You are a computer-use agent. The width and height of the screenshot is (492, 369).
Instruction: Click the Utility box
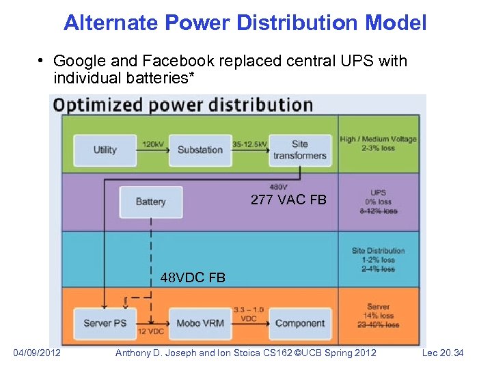tap(105, 150)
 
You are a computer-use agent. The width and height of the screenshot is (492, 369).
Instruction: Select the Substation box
tap(200, 150)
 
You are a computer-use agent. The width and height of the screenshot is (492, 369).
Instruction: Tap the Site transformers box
tap(300, 150)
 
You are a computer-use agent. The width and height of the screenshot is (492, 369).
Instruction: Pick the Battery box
tap(150, 202)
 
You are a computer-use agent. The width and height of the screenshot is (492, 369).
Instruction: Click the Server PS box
tap(105, 323)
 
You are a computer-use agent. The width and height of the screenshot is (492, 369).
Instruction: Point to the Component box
tap(300, 323)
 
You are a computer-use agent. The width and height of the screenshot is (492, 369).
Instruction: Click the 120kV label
tap(152, 144)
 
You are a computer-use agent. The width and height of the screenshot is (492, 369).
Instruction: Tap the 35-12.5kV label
tap(249, 144)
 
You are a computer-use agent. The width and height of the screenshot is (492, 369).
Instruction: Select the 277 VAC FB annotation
tap(289, 200)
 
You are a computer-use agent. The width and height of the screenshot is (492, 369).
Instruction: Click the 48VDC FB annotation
tap(193, 278)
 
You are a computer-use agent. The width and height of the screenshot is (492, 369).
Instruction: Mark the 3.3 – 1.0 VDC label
tap(249, 314)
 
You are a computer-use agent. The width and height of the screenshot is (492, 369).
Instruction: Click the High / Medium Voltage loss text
tap(378, 143)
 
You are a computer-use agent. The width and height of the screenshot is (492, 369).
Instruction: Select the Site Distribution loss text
tap(378, 260)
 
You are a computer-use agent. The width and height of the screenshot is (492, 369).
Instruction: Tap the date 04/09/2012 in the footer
tap(38, 353)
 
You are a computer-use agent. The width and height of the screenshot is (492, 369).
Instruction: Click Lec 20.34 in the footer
tap(443, 353)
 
